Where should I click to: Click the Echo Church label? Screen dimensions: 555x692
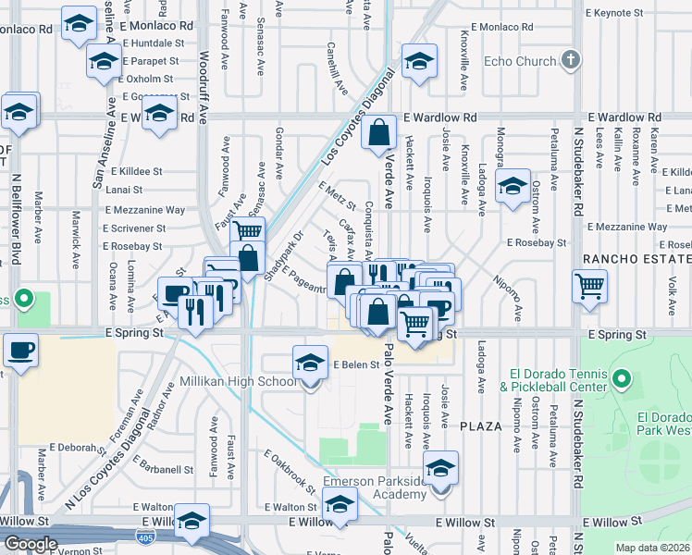click(x=520, y=62)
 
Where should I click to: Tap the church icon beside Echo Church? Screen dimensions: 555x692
click(x=571, y=61)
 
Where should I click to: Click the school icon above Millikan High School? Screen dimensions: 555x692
click(x=310, y=362)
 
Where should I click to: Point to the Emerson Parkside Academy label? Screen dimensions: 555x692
click(x=375, y=487)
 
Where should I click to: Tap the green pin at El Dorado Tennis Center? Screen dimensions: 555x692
click(x=622, y=378)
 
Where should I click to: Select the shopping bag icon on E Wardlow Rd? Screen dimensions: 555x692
click(x=379, y=133)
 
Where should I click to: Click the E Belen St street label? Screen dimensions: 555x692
click(x=356, y=364)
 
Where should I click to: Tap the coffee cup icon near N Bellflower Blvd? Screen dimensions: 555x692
click(x=18, y=351)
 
